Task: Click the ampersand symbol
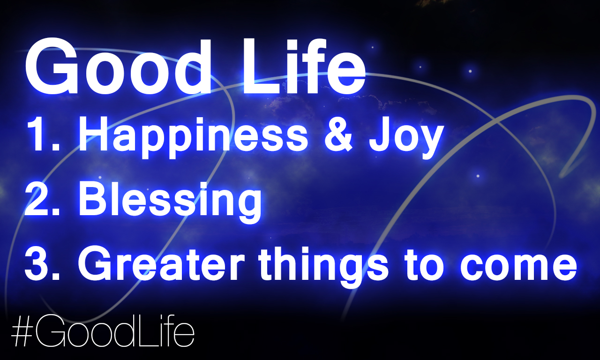click(x=338, y=134)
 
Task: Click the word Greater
click(x=161, y=264)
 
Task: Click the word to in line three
click(x=423, y=265)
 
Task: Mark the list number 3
click(x=42, y=263)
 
